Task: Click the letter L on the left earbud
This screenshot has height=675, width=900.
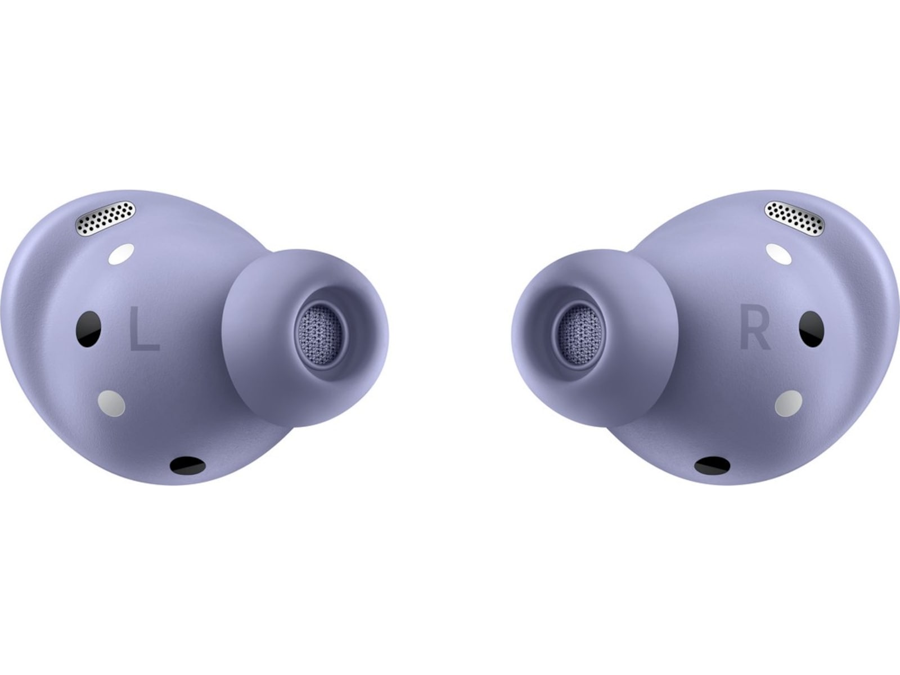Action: point(144,329)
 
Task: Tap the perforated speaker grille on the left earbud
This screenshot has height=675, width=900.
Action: point(105,218)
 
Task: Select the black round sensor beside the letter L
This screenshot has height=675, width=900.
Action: point(88,329)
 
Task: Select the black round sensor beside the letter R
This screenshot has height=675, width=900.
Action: point(812,329)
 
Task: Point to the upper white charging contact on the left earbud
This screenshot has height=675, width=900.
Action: point(121,254)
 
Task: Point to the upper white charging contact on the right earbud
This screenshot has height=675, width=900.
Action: point(778,254)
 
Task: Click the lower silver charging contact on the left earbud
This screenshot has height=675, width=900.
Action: point(111,403)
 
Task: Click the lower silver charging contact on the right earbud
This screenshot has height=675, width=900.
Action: point(789,403)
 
